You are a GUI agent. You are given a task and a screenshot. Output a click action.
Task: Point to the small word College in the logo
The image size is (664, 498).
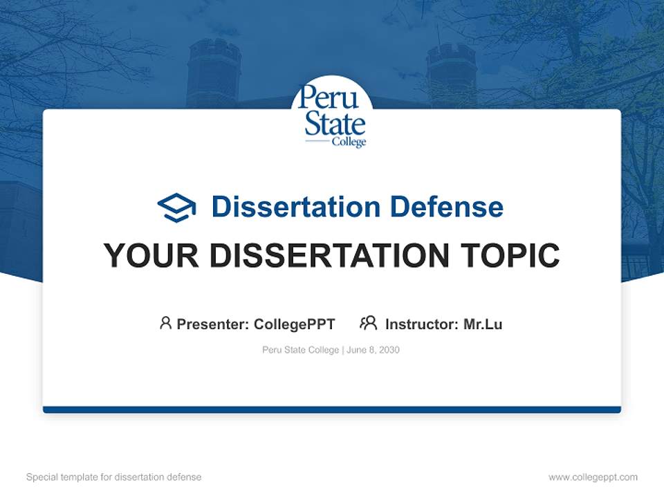coord(349,142)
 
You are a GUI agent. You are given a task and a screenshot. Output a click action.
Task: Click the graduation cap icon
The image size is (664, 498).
coord(176,207)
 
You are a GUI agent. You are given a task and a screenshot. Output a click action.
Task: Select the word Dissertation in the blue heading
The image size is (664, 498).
coord(296,207)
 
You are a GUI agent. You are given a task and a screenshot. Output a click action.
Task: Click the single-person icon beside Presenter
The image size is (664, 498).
coord(165,323)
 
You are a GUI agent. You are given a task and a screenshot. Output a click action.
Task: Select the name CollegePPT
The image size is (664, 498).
coord(294,324)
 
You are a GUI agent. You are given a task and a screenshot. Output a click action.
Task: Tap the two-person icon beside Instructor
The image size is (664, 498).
coord(368,323)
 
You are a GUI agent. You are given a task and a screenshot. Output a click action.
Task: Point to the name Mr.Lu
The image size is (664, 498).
coord(483,324)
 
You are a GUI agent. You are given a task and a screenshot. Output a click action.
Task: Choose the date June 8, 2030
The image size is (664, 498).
coord(373,350)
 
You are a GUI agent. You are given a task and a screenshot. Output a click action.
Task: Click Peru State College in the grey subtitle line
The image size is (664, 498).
coord(300,350)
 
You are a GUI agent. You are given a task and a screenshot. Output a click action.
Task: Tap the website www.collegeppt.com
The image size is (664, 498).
coord(593,477)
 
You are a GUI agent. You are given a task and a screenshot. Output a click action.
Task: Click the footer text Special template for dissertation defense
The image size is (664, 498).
coord(114,477)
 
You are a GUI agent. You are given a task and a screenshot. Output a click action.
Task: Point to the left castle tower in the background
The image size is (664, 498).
coord(214,73)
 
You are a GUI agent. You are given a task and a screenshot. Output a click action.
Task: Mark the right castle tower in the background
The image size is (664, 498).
coord(451,73)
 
